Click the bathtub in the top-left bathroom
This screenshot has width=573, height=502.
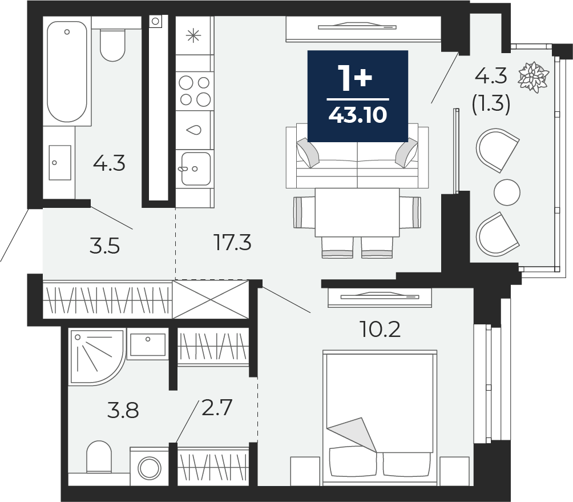(x=67, y=71)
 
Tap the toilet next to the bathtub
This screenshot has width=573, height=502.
(x=112, y=45)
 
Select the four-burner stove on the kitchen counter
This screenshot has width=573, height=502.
(x=195, y=91)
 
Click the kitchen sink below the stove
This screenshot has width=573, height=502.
(x=196, y=168)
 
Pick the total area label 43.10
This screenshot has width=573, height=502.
(x=358, y=115)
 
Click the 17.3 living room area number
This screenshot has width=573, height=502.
(x=232, y=242)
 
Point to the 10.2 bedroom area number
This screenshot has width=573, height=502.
(x=381, y=329)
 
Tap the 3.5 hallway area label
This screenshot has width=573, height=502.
(x=104, y=246)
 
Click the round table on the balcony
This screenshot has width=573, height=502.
(x=507, y=192)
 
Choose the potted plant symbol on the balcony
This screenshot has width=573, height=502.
(x=534, y=77)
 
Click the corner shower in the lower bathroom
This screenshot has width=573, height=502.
(x=96, y=357)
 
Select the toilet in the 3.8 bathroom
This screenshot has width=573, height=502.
(x=99, y=457)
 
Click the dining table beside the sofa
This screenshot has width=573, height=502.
(x=357, y=212)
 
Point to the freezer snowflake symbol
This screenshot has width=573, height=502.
(x=193, y=35)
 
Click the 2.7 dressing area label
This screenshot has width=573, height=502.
(x=217, y=408)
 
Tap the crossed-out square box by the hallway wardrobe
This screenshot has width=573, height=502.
(x=210, y=299)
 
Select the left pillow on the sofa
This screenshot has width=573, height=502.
(x=308, y=153)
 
